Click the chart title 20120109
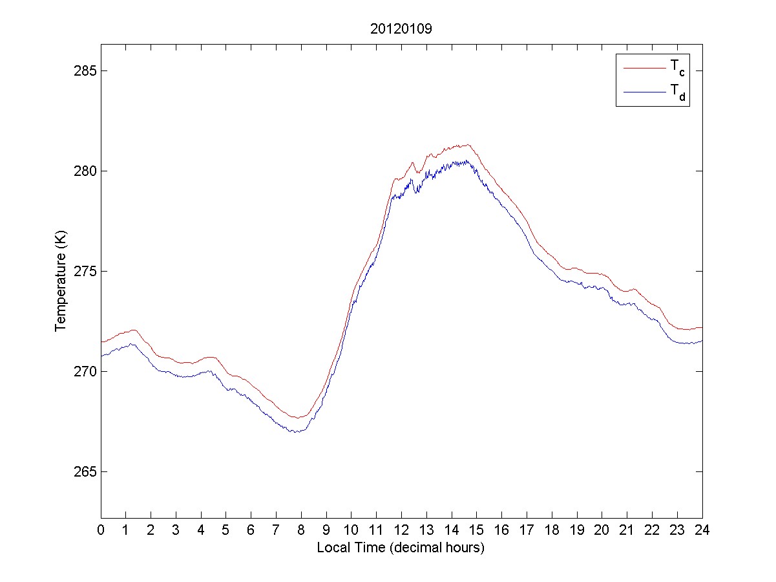coord(401,29)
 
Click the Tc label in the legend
coord(676,68)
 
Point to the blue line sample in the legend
coord(644,93)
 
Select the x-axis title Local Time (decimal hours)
coord(401,548)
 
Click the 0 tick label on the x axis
coord(101,530)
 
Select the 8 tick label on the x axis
coord(301,530)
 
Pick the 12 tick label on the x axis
coord(401,530)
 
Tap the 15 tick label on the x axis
coord(477,530)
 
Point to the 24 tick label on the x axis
coord(702,530)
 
